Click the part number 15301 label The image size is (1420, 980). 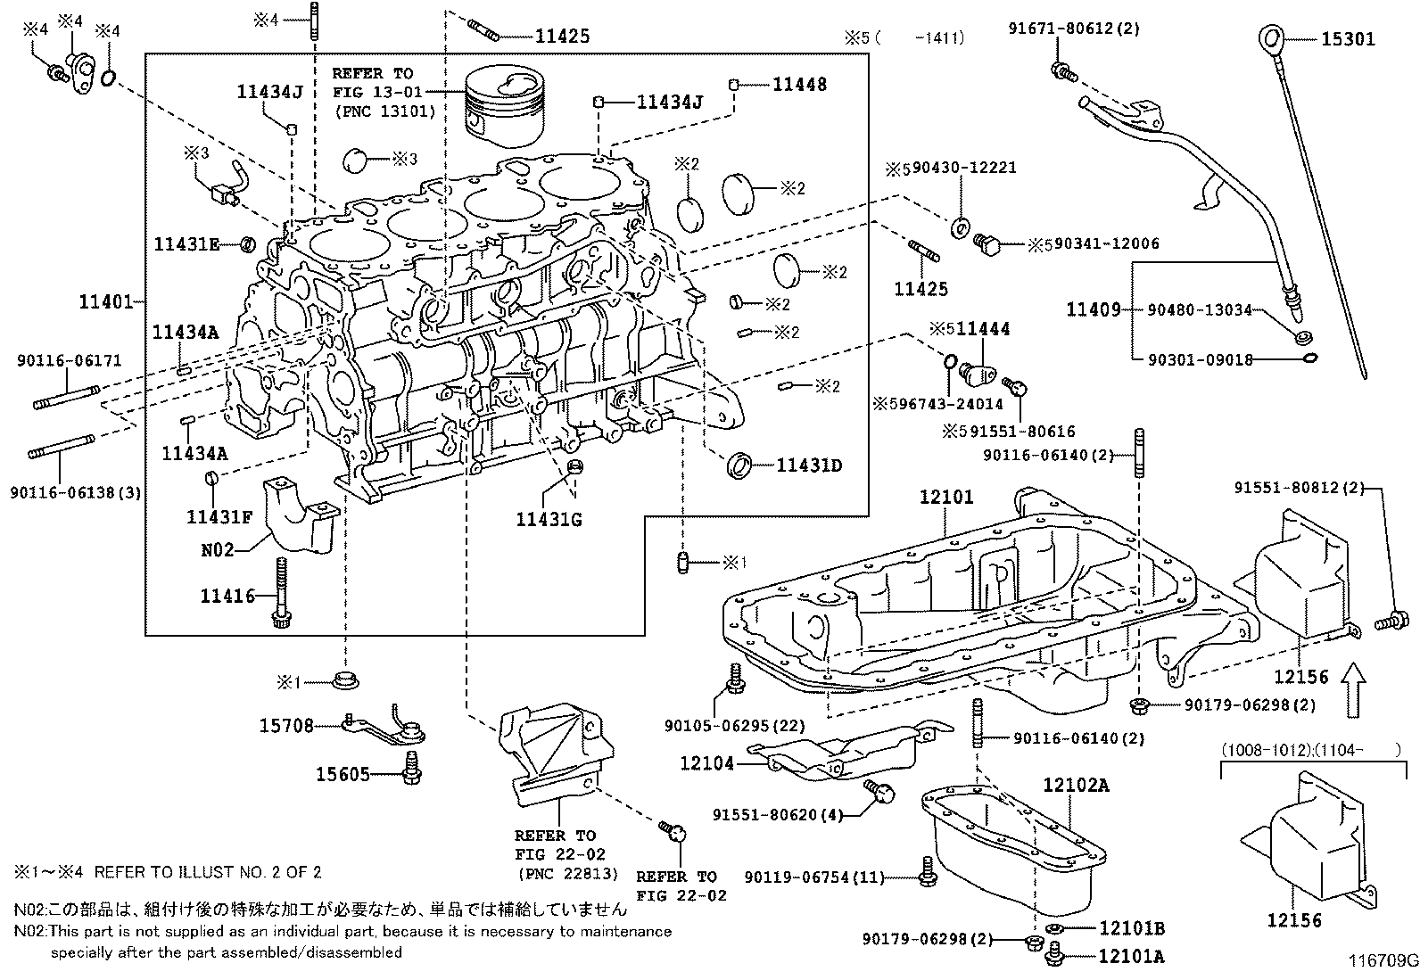(x=1349, y=39)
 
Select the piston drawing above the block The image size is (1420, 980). (x=505, y=107)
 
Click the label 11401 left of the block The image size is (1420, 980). (x=106, y=301)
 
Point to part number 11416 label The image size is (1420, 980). (x=227, y=596)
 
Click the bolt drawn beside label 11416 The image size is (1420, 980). (x=281, y=593)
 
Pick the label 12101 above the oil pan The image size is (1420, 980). (x=946, y=497)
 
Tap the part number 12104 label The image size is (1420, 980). (x=706, y=763)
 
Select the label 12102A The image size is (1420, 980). (x=1077, y=786)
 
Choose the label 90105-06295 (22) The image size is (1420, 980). (x=735, y=726)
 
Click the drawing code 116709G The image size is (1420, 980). (x=1383, y=960)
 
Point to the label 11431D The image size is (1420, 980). (x=809, y=465)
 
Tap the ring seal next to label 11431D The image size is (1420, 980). (x=739, y=465)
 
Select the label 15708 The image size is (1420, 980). (x=286, y=726)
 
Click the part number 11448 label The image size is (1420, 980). (x=799, y=85)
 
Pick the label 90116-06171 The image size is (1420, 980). (x=69, y=360)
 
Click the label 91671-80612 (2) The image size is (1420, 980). (x=1074, y=29)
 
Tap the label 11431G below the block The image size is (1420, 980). (x=549, y=520)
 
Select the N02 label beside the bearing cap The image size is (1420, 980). (x=218, y=549)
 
